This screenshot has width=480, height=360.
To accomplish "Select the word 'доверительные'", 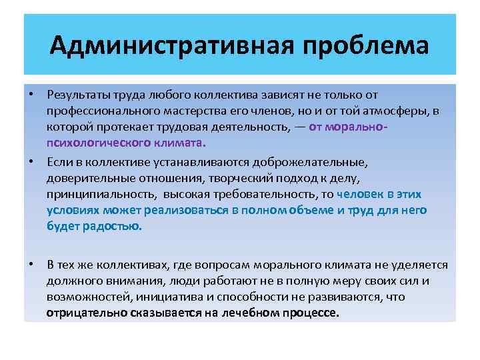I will click(84, 178).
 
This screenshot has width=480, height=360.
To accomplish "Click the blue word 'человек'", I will click(361, 194).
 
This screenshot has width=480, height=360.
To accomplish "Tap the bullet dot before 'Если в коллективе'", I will click(31, 162).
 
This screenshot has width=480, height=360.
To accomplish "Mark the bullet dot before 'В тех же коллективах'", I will click(31, 265).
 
